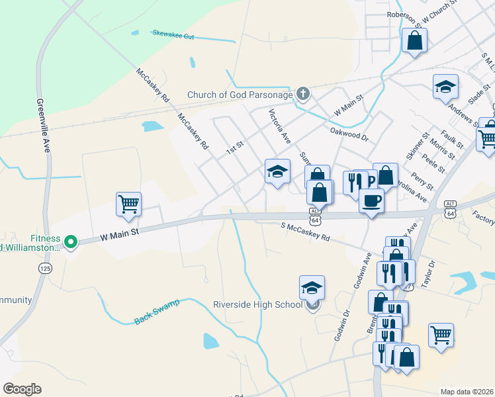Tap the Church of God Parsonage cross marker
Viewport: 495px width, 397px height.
click(x=303, y=94)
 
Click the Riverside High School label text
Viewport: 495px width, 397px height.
click(x=257, y=305)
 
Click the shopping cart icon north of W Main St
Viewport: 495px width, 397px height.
click(x=128, y=204)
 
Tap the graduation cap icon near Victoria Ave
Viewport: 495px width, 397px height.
click(x=277, y=172)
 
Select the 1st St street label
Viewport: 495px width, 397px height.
click(x=235, y=147)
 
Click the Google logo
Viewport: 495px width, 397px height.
click(x=22, y=389)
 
